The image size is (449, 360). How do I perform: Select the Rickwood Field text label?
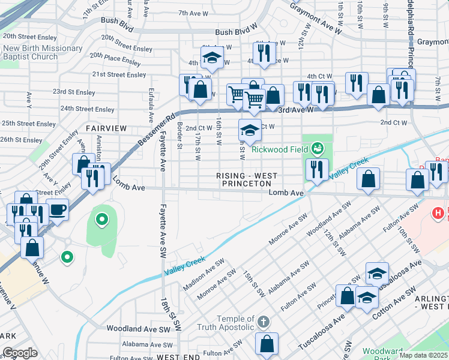click(280, 149)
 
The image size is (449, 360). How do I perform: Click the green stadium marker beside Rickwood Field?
click(317, 148)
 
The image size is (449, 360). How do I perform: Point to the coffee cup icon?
click(58, 210)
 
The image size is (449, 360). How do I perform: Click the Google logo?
click(20, 353)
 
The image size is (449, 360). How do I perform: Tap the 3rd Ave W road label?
click(295, 110)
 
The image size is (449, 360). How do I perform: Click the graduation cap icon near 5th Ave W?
click(211, 58)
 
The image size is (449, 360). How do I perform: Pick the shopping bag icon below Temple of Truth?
click(267, 344)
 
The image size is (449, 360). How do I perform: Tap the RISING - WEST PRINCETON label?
click(247, 179)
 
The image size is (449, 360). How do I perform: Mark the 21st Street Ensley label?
click(119, 74)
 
